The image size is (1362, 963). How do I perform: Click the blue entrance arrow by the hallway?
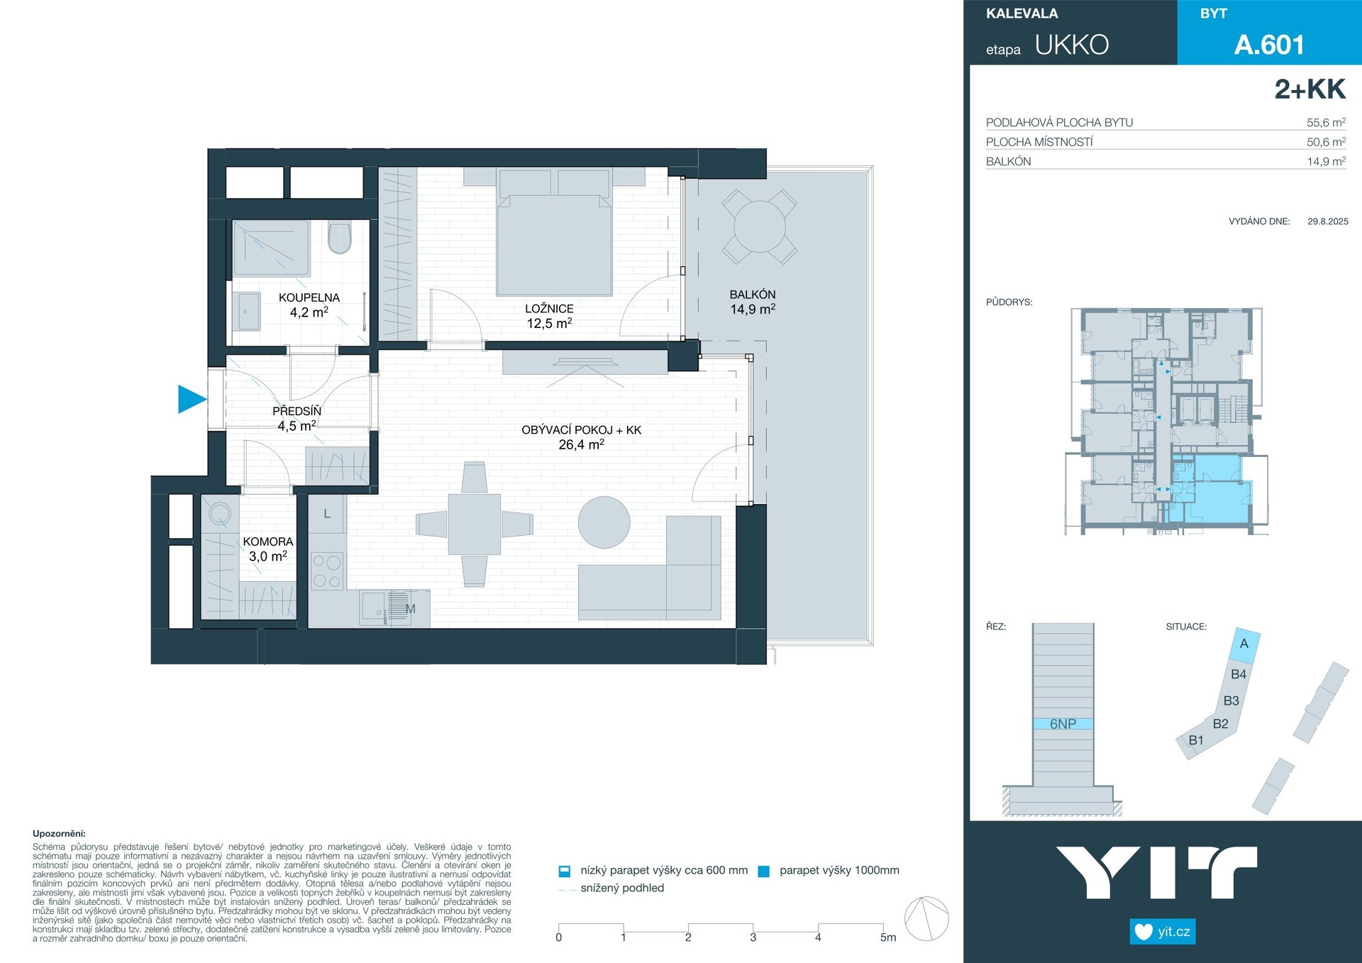pyautogui.click(x=191, y=399)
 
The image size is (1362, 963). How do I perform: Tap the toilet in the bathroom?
pyautogui.click(x=340, y=238)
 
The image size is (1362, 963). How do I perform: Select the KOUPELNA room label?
pyautogui.click(x=309, y=297)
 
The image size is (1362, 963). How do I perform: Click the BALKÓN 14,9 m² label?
pyautogui.click(x=753, y=302)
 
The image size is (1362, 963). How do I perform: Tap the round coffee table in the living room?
pyautogui.click(x=604, y=522)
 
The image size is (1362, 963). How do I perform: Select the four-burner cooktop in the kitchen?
pyautogui.click(x=327, y=571)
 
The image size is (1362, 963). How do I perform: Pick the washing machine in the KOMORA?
pyautogui.click(x=219, y=513)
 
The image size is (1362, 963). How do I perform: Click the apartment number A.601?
pyautogui.click(x=1269, y=45)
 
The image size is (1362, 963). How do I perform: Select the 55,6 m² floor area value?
pyautogui.click(x=1326, y=122)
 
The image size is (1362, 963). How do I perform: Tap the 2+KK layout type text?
pyautogui.click(x=1310, y=89)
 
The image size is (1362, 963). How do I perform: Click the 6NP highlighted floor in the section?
pyautogui.click(x=1063, y=724)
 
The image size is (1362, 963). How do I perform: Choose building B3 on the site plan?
pyautogui.click(x=1231, y=700)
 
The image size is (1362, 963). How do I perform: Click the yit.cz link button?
pyautogui.click(x=1163, y=932)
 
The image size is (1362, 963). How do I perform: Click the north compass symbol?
pyautogui.click(x=926, y=919)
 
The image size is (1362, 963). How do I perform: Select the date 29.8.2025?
pyautogui.click(x=1328, y=221)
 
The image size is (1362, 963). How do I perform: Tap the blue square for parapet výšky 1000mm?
pyautogui.click(x=764, y=871)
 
